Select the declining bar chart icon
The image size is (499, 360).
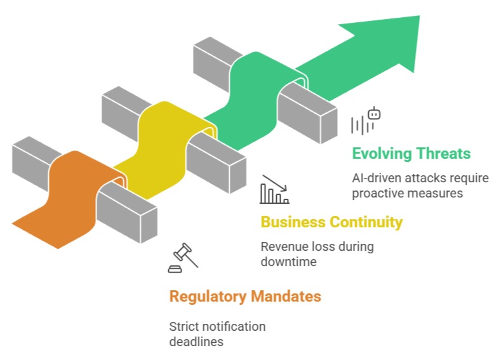(x=274, y=190)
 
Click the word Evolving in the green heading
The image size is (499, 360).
(x=382, y=154)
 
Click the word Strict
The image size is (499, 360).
(x=183, y=327)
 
